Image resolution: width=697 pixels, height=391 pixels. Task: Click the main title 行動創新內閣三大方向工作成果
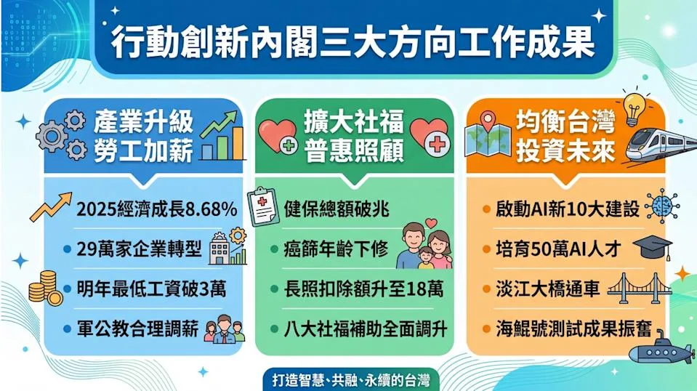(x=352, y=43)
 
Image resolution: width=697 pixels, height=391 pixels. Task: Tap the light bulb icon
(x=634, y=109)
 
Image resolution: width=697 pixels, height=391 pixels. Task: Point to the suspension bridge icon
(x=639, y=289)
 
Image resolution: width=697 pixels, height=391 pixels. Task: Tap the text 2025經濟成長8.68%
(x=156, y=209)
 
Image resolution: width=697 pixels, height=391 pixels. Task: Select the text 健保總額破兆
(x=337, y=209)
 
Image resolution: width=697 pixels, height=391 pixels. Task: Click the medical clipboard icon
(x=263, y=206)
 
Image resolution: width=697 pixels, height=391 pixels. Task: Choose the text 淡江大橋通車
(x=548, y=289)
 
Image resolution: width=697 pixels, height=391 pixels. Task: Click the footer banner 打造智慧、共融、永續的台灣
(x=351, y=380)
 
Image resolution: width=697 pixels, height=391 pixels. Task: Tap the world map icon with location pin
(x=488, y=134)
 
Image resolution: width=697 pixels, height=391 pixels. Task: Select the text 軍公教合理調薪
(x=137, y=329)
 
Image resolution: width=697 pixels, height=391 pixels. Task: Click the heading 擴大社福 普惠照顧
(x=354, y=135)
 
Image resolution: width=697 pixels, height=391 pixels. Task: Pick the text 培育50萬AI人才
(x=558, y=249)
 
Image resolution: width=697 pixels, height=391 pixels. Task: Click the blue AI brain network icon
(x=662, y=206)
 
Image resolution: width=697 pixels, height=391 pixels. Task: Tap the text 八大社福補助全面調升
(x=366, y=329)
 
